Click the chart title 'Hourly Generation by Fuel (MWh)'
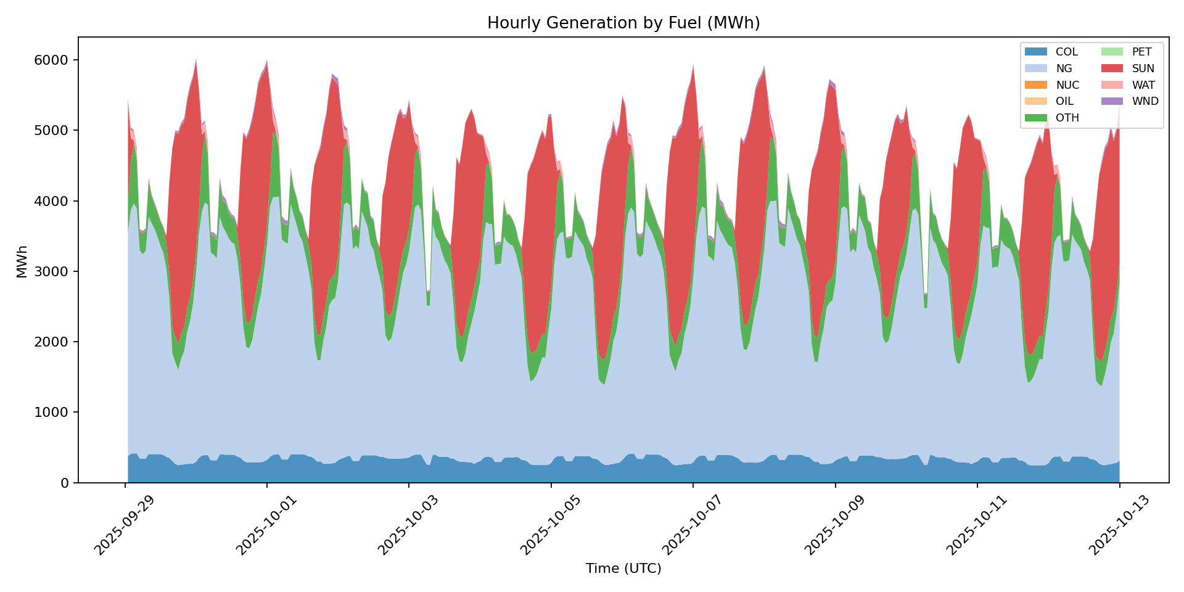(623, 23)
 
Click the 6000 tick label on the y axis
(55, 60)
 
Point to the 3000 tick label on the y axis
(55, 272)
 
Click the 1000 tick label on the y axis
(55, 413)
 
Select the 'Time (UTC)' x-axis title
(623, 569)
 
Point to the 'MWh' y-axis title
(22, 261)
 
